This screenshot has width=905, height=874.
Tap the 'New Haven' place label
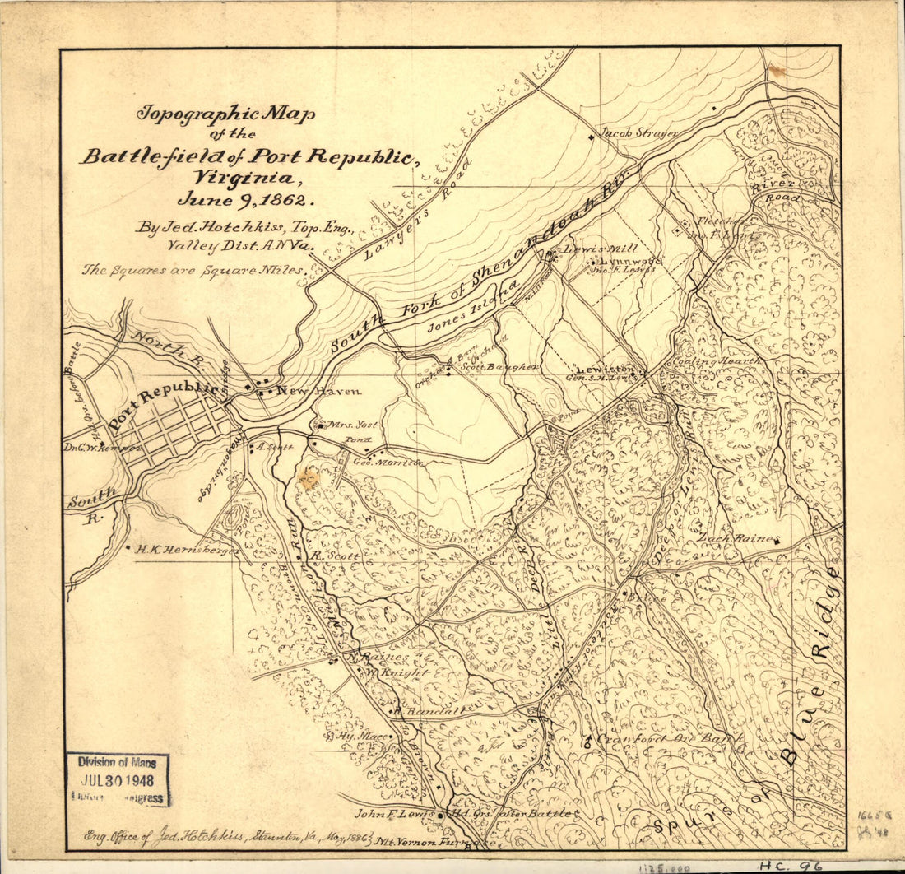click(x=307, y=391)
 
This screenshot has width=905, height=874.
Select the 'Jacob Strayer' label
click(x=628, y=132)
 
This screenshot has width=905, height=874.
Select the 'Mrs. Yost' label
click(x=353, y=425)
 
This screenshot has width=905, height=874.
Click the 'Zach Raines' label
click(x=738, y=538)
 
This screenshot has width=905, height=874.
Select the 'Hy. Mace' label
click(x=362, y=735)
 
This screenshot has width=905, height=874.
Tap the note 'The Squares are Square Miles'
click(x=194, y=269)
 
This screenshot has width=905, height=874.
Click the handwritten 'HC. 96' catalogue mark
click(x=791, y=865)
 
